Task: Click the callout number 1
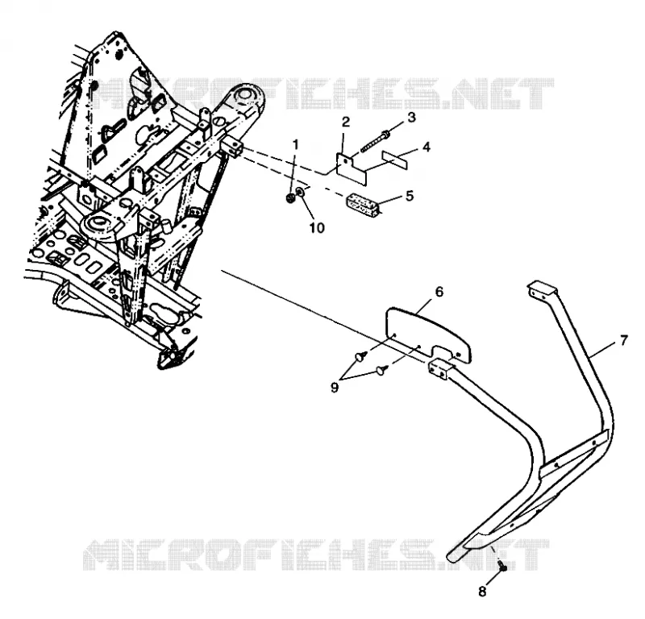pyautogui.click(x=295, y=145)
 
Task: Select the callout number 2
pyautogui.click(x=346, y=122)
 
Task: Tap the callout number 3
pyautogui.click(x=411, y=117)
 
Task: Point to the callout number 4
pyautogui.click(x=427, y=147)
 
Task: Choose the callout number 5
pyautogui.click(x=410, y=196)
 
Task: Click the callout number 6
pyautogui.click(x=439, y=292)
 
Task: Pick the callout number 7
pyautogui.click(x=624, y=340)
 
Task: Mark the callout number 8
pyautogui.click(x=482, y=592)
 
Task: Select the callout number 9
pyautogui.click(x=335, y=388)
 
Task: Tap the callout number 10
pyautogui.click(x=317, y=228)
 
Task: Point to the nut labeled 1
pyautogui.click(x=289, y=198)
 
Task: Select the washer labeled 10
pyautogui.click(x=300, y=192)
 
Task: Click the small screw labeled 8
pyautogui.click(x=502, y=565)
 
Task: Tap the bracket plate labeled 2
pyautogui.click(x=352, y=168)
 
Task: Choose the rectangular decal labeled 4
pyautogui.click(x=395, y=159)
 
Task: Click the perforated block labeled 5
pyautogui.click(x=363, y=206)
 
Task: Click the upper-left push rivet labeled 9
pyautogui.click(x=362, y=355)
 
